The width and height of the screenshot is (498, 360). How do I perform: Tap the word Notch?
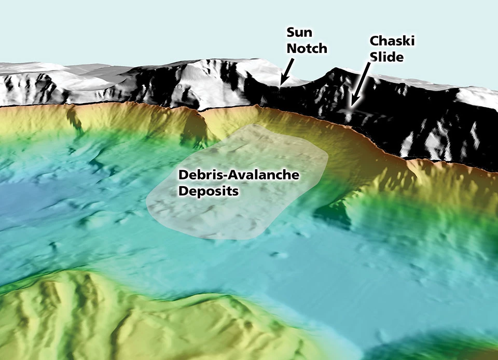pyautogui.click(x=307, y=49)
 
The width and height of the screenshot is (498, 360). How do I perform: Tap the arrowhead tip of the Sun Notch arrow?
pyautogui.click(x=281, y=84)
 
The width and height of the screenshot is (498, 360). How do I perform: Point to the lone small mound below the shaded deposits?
pyautogui.click(x=281, y=255)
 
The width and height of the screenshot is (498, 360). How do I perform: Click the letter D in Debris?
pyautogui.click(x=183, y=175)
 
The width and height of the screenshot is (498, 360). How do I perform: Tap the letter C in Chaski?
pyautogui.click(x=374, y=40)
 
